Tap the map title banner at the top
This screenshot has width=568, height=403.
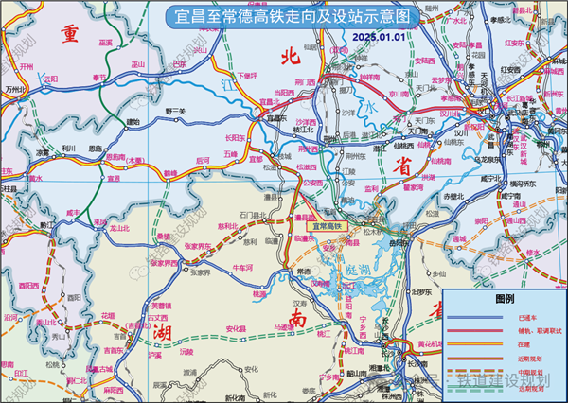click(284, 16)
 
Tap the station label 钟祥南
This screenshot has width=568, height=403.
click(367, 78)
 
